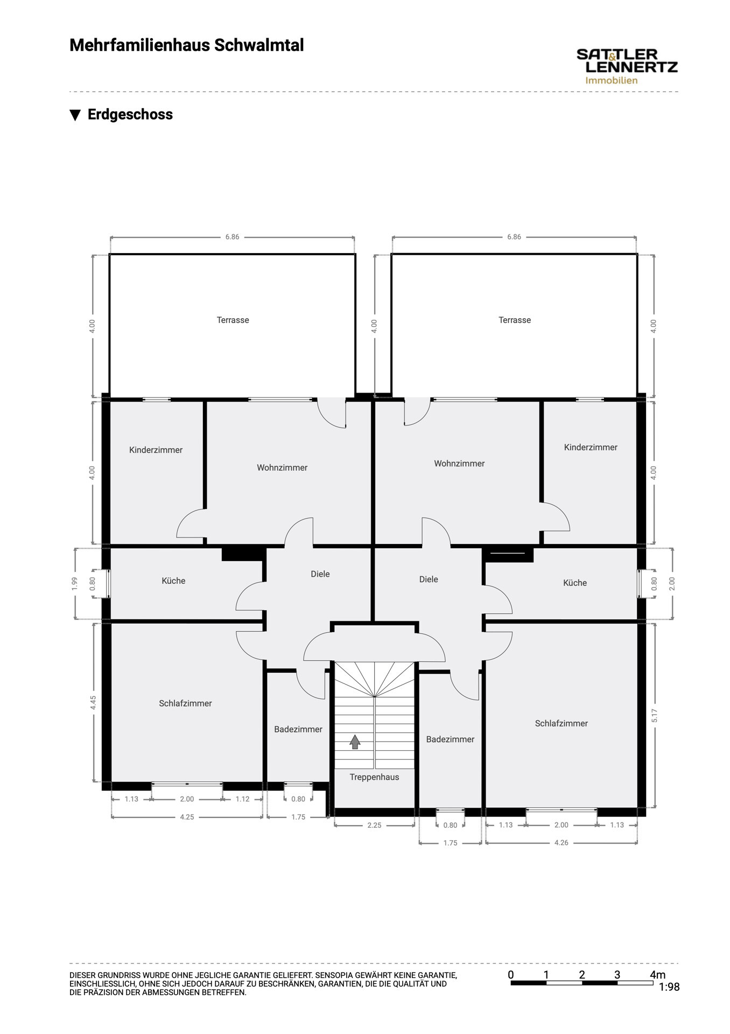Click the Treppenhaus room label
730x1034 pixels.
pos(374,777)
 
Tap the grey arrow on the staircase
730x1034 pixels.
pos(355,742)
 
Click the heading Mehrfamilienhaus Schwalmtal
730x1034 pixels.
pos(187,45)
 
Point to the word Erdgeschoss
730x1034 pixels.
pos(130,115)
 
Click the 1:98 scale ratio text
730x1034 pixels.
pos(670,987)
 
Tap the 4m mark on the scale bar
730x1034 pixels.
pos(657,975)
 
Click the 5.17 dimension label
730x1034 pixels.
pos(654,716)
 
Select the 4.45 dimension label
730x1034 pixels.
pos(93,703)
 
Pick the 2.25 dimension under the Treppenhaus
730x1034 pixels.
pos(374,825)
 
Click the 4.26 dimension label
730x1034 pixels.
pos(561,843)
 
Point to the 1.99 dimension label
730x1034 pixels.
pos(75,584)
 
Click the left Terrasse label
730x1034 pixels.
pos(233,320)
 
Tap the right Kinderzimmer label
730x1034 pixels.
pos(591,447)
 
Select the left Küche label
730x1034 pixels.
pos(173,581)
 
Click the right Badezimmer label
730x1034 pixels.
pos(450,739)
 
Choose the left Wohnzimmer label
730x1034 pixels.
pos(282,467)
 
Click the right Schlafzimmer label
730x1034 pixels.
pos(561,723)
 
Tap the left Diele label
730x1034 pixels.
pos(320,574)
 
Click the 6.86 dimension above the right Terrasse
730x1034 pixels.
pos(514,237)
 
